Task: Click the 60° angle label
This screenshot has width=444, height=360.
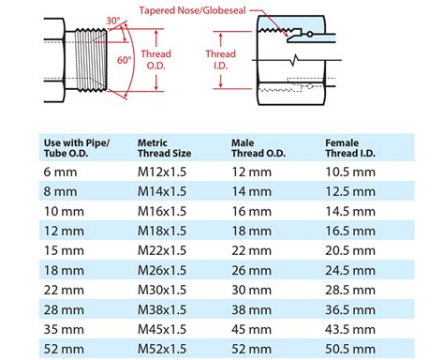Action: click(125, 60)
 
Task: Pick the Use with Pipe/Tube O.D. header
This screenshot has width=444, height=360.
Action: click(76, 149)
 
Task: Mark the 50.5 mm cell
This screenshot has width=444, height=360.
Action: click(350, 349)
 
